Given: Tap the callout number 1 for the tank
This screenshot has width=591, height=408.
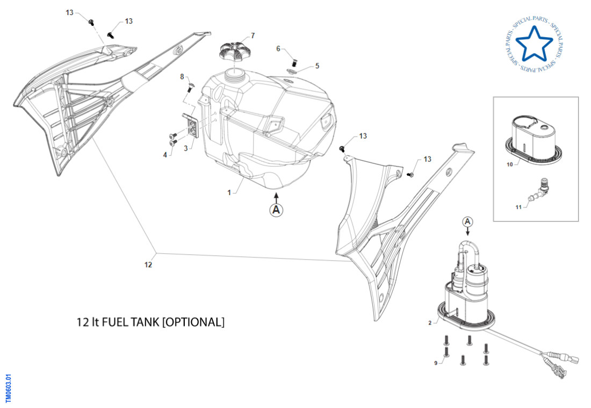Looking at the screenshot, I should [x=229, y=192].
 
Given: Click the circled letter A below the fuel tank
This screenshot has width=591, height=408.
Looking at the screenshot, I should [x=276, y=210].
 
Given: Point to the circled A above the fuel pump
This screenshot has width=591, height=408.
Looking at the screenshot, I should [x=467, y=221].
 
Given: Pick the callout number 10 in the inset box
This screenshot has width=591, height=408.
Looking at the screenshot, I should [x=509, y=165].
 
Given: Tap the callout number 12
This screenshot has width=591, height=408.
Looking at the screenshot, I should [x=148, y=264].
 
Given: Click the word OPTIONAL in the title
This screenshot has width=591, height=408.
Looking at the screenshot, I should [x=192, y=323].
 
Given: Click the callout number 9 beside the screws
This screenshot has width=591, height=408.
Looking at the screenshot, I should [x=436, y=363].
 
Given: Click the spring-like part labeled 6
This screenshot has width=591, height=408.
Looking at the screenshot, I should [x=294, y=55].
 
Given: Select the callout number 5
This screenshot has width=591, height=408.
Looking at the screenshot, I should [x=317, y=66].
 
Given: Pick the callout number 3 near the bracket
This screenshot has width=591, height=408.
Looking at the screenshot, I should [x=185, y=148].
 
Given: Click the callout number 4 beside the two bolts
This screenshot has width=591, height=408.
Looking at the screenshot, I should [x=165, y=155].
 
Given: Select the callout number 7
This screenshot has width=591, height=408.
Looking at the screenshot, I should [x=253, y=36].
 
